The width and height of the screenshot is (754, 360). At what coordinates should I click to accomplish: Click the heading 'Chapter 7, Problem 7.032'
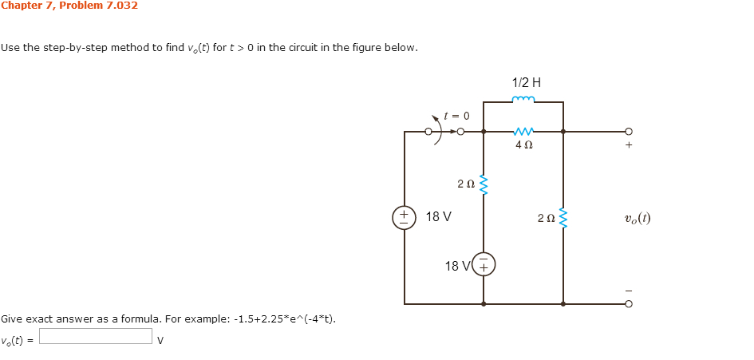click(69, 6)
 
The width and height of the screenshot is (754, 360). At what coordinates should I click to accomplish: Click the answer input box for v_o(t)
click(96, 336)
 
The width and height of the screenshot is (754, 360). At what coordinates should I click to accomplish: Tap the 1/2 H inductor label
click(526, 82)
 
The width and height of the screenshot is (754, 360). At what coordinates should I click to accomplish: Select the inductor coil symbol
click(523, 101)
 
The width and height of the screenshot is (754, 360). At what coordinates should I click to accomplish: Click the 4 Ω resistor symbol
click(523, 131)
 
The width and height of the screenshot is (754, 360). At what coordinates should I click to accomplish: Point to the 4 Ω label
click(523, 145)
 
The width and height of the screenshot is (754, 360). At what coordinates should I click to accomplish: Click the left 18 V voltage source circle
click(404, 217)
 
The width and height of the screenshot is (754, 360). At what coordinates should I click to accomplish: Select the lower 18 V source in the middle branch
click(484, 265)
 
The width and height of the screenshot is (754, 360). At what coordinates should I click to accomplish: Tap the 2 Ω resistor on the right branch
click(563, 217)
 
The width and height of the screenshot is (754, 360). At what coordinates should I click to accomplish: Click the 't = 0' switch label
click(456, 116)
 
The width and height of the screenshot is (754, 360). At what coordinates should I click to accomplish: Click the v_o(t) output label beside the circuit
click(638, 217)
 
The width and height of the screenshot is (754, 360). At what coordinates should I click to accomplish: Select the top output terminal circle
click(629, 132)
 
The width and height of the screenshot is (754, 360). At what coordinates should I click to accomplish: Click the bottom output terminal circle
click(629, 304)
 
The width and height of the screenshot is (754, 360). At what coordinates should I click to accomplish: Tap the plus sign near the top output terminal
click(629, 146)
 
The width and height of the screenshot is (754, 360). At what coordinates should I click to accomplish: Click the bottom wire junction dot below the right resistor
click(563, 304)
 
